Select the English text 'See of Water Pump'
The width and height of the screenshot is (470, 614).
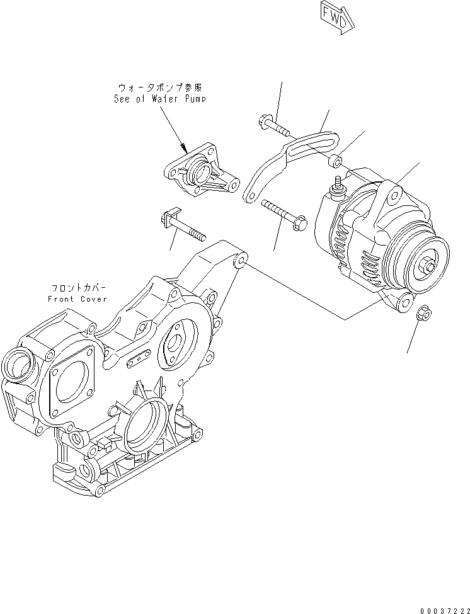159,99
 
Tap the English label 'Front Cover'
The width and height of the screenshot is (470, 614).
77,298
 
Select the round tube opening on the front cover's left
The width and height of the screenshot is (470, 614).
17,365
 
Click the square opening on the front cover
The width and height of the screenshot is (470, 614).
69,385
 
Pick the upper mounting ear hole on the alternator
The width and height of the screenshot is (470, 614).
394,197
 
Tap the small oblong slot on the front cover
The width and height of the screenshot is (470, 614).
139,360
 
